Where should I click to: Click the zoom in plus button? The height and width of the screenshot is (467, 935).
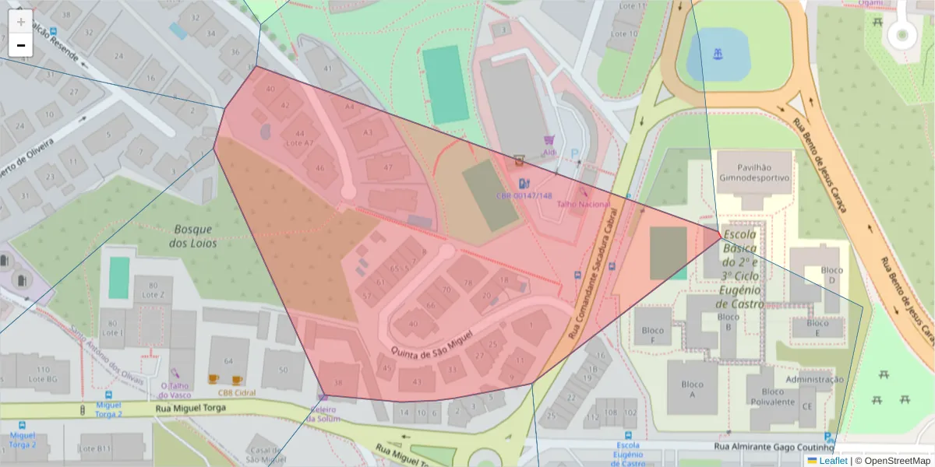[x=21, y=22]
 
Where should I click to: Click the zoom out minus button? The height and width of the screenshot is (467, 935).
[x=21, y=45]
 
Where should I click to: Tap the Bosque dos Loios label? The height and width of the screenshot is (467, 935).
[x=193, y=236]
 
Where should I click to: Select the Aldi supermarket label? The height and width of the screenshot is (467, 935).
[x=549, y=153]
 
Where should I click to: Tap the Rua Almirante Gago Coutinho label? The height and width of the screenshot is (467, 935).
[x=774, y=447]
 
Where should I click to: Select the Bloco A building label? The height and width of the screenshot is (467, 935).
[x=692, y=389]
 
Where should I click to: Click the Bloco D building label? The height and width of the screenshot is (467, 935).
[x=832, y=275]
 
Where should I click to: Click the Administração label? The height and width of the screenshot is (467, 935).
[x=814, y=379]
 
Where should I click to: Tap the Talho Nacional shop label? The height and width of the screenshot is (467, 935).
[x=595, y=204]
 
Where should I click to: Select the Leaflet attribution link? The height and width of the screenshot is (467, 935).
[x=832, y=461]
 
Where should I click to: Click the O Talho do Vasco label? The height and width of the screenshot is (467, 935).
[x=176, y=390]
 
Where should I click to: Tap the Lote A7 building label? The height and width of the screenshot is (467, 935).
[x=300, y=143]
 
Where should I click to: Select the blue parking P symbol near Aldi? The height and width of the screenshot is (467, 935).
[x=575, y=154]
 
